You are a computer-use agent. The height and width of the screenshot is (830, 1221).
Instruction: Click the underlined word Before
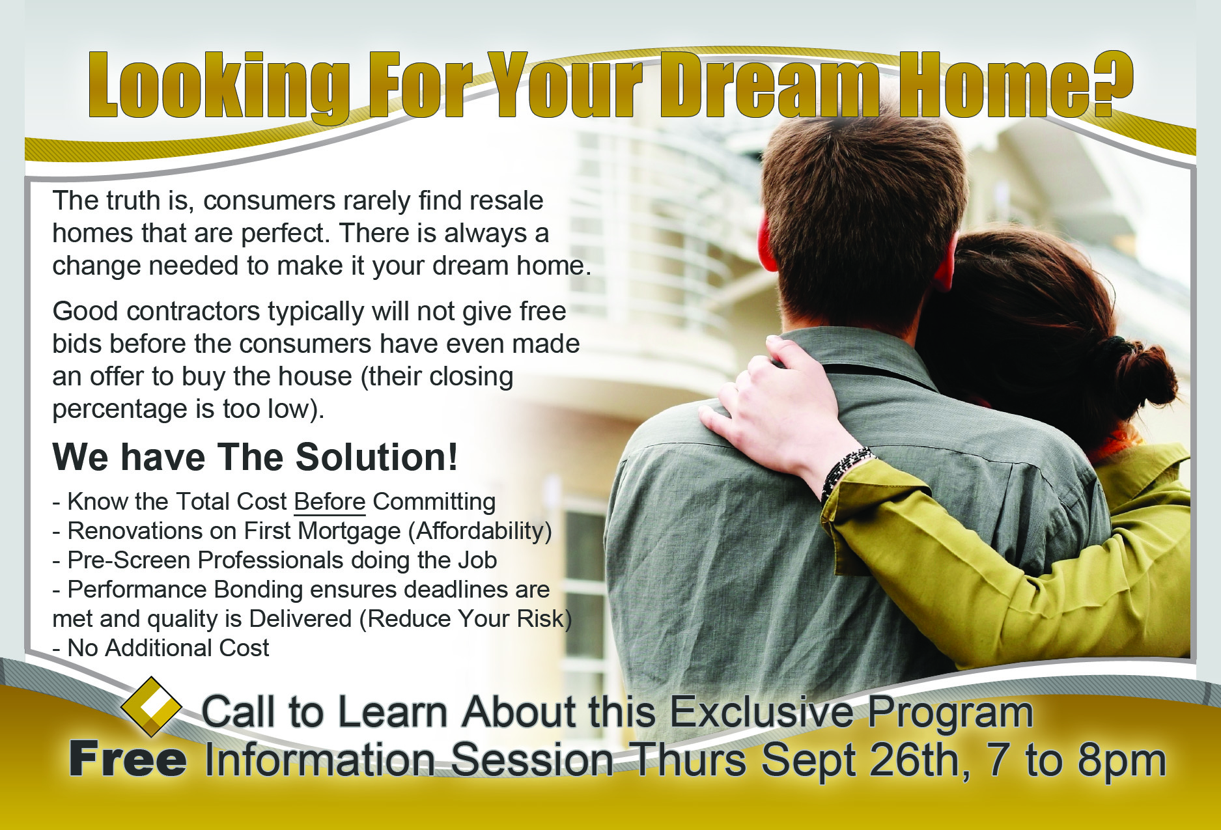tap(330, 502)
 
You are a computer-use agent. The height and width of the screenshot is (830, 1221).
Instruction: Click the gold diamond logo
tap(151, 706)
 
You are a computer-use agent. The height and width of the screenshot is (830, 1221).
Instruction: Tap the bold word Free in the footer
tap(128, 760)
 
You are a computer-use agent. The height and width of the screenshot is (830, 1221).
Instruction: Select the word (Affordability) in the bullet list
tap(480, 531)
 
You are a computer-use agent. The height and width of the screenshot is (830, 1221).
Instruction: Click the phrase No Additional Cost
tap(168, 648)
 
